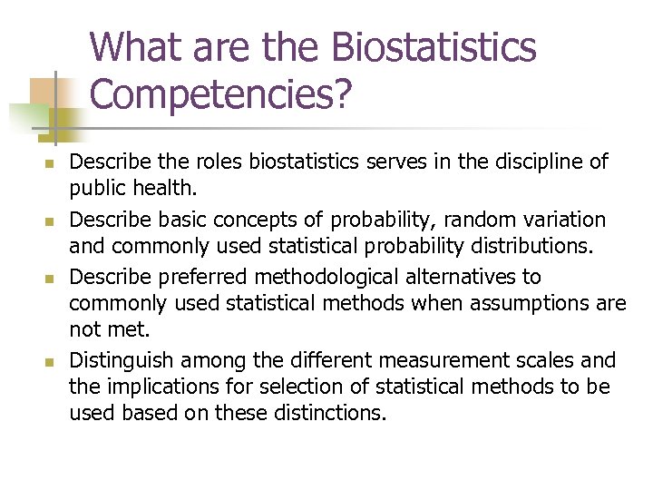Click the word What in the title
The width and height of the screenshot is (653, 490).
[134, 48]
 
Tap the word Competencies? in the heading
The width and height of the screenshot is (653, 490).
[220, 94]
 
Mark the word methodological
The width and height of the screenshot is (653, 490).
[319, 276]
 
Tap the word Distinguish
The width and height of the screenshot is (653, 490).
[119, 360]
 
